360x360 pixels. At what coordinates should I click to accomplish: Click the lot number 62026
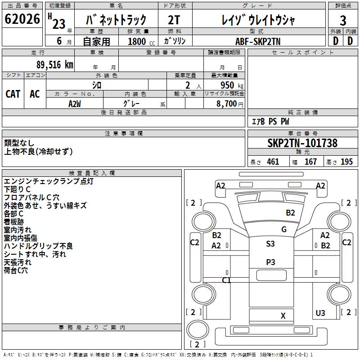click(22, 19)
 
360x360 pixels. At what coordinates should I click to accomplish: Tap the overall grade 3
click(343, 21)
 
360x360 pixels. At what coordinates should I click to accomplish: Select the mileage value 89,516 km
click(54, 65)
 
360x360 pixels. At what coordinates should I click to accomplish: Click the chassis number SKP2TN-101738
click(302, 143)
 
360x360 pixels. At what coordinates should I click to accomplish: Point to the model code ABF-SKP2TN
click(258, 41)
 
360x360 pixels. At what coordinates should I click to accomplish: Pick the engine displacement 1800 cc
click(141, 41)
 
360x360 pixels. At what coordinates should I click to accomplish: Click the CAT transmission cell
click(13, 94)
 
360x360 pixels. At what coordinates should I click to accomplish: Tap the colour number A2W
click(75, 104)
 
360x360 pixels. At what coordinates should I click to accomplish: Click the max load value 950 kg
click(232, 85)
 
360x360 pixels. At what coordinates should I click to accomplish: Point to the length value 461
click(273, 162)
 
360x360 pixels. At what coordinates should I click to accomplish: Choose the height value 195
click(346, 162)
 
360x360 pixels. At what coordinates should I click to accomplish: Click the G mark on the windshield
click(284, 229)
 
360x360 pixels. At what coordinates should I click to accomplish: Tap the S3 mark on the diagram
click(270, 243)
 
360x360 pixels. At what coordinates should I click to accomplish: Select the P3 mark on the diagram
click(270, 262)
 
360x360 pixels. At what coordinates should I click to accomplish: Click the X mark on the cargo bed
click(283, 316)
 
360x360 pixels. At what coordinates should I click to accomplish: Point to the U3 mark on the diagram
click(320, 313)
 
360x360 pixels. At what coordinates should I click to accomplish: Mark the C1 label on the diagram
click(226, 280)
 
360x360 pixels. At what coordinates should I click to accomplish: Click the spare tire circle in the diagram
click(198, 330)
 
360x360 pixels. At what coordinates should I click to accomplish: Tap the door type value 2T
click(174, 20)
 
